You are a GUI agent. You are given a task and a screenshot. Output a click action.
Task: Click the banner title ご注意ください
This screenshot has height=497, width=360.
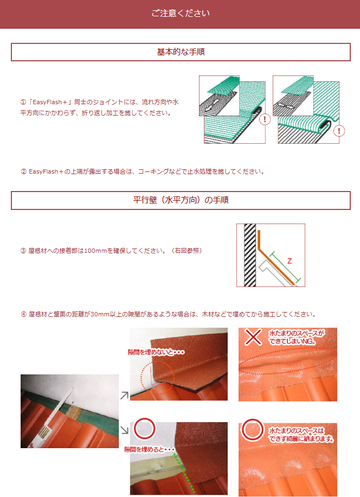coord(181,14)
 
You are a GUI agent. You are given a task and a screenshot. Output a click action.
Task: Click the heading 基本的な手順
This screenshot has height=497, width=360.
coord(181,52)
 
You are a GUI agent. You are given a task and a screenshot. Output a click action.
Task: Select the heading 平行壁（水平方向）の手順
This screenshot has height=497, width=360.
coord(181,200)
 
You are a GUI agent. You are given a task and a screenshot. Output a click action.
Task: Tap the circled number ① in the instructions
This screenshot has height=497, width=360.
coord(23,102)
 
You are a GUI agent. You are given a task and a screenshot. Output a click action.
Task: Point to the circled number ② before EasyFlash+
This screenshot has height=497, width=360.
coord(23,172)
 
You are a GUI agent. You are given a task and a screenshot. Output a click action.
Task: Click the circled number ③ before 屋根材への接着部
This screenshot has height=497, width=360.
coord(23,251)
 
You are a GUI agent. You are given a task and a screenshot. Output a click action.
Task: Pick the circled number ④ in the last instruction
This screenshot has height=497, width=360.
coord(23,315)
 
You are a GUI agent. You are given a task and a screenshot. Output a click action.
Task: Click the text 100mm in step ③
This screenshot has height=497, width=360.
coord(95,251)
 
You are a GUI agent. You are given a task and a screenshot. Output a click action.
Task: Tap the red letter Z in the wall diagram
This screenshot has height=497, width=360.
coord(289,261)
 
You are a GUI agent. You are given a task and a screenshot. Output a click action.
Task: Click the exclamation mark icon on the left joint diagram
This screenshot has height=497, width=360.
coord(265,119)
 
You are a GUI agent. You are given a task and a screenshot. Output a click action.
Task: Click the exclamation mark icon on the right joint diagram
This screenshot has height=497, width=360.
coord(339,131)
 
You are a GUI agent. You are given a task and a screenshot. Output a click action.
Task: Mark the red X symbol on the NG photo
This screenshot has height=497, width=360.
coord(253,337)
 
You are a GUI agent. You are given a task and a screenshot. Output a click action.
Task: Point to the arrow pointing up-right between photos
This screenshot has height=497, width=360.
coord(125,395)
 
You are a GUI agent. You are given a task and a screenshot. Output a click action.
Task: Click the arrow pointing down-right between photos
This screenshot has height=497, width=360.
coord(125,430)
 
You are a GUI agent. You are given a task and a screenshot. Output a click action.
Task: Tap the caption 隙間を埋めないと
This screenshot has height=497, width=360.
coord(156,352)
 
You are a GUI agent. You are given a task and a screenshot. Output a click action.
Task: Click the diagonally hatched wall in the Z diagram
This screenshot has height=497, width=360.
coord(250,255)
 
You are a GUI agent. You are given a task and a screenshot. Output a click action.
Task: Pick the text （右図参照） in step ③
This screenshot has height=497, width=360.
coord(187,251)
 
